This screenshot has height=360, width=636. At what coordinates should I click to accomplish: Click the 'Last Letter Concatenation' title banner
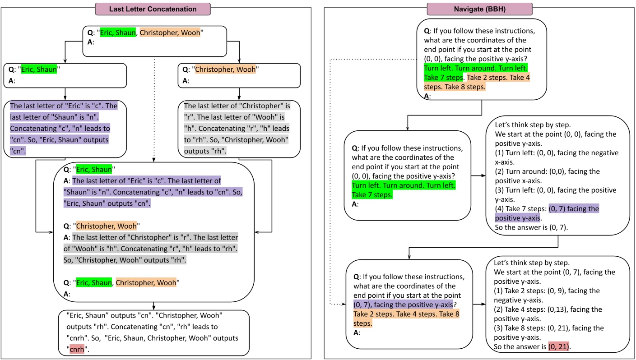tap(153, 9)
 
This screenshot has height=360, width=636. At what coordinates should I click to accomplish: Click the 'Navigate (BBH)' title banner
tap(480, 9)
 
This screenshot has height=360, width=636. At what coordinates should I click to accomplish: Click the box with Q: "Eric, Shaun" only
tap(65, 75)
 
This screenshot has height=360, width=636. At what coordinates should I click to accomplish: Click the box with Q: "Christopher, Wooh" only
tap(239, 75)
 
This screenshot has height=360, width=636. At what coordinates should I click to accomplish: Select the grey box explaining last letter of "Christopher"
tap(239, 129)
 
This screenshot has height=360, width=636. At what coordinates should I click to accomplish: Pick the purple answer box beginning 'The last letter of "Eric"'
tap(65, 129)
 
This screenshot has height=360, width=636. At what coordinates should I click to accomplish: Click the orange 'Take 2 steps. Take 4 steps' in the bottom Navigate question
tap(406, 314)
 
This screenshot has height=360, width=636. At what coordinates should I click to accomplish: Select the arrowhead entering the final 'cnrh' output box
tap(154, 308)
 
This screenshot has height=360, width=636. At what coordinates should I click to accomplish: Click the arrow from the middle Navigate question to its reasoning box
tap(478, 175)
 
